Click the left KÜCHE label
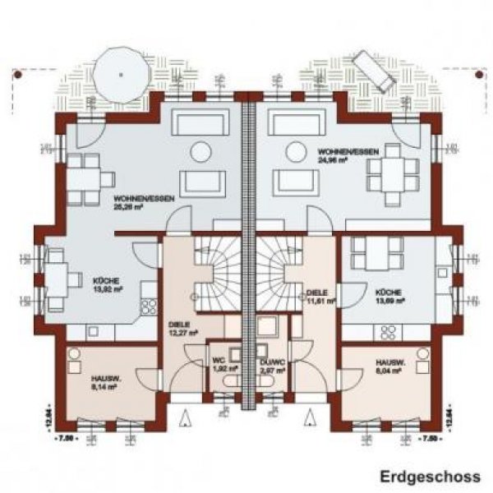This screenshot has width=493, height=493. (107, 281)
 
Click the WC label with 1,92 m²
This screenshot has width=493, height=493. (219, 360)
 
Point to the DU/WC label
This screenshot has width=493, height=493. (272, 360)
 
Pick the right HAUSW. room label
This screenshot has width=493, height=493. (389, 362)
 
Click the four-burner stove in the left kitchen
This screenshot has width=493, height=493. (149, 306)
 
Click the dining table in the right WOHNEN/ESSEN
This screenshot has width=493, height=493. (385, 174)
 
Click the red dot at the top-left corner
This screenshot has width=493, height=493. (16, 73)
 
